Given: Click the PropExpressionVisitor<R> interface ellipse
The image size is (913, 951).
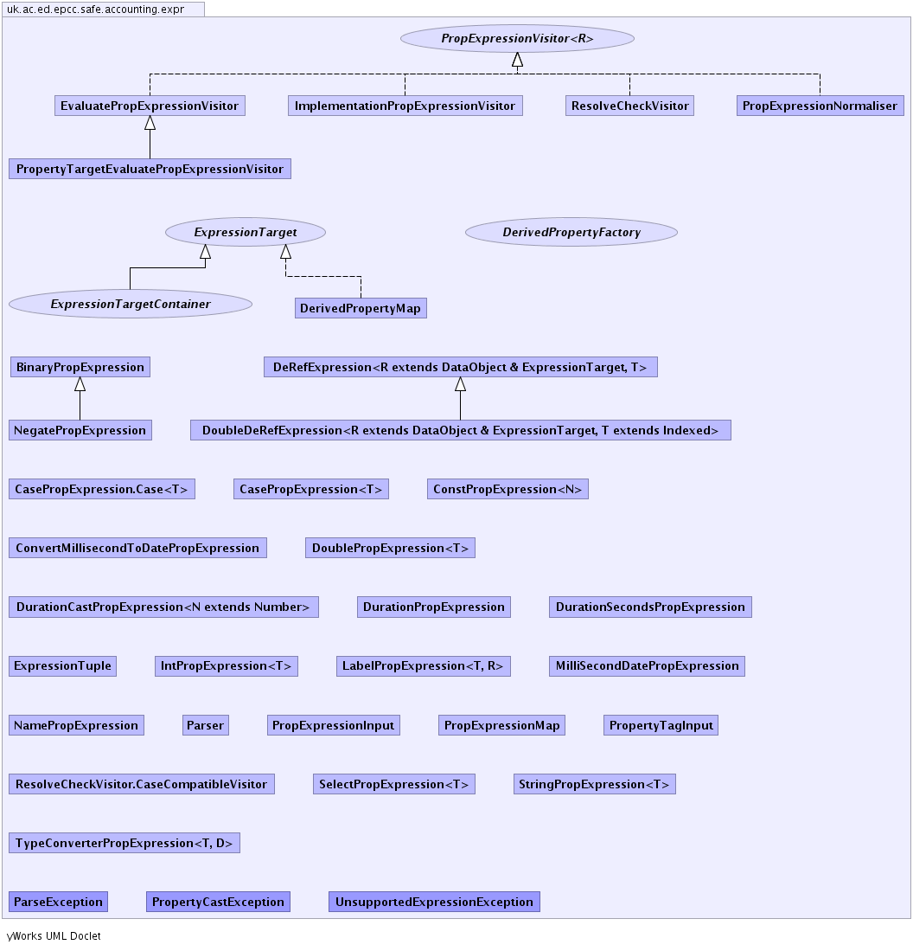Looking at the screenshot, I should [517, 38].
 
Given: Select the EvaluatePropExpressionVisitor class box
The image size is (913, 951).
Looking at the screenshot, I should [150, 106].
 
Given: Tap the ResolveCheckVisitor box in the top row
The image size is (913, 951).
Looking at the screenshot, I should [629, 106].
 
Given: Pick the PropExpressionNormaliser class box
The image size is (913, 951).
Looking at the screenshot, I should [820, 106].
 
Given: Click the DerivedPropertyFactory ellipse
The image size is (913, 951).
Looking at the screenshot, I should [571, 232].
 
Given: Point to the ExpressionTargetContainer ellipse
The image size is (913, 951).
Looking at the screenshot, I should [131, 304].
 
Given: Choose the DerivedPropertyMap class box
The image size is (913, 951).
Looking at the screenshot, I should [361, 308].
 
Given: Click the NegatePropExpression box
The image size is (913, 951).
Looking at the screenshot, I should [80, 430].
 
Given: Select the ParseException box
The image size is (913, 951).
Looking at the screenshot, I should [58, 902].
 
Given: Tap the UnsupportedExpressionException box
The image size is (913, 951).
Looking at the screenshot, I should [434, 902].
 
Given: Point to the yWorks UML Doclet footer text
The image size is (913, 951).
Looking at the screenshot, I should [54, 935].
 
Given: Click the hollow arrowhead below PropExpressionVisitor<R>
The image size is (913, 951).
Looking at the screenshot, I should [517, 60].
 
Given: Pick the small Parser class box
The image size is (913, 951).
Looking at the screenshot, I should [205, 725].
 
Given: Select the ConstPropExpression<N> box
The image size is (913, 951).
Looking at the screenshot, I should [508, 489].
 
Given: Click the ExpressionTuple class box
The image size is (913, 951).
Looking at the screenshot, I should [63, 665].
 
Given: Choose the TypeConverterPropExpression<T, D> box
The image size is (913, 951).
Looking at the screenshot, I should [124, 843].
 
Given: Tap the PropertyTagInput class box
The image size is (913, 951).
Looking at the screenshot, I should [661, 725].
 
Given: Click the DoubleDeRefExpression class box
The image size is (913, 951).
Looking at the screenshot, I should [460, 430].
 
